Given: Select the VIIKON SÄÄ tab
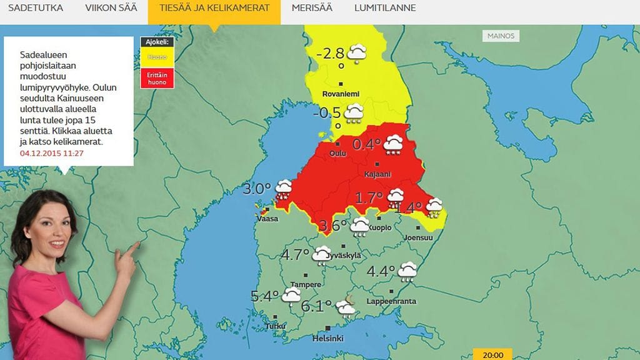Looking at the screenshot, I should [x=110, y=8].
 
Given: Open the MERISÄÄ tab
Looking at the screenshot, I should [x=312, y=8].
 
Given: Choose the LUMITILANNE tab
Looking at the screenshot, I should [x=385, y=8].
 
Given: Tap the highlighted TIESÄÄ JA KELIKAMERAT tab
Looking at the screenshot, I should [x=214, y=8].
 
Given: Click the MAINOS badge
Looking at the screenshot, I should [x=501, y=36].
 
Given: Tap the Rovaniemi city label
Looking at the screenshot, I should [x=340, y=94].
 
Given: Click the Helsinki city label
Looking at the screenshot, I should [x=328, y=338].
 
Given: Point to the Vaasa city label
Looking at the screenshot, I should [x=267, y=219].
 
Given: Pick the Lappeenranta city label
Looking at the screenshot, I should [x=391, y=301].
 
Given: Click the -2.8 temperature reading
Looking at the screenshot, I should [x=331, y=53].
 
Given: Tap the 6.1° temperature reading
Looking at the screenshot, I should [x=316, y=306].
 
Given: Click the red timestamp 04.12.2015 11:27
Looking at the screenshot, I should [x=52, y=153].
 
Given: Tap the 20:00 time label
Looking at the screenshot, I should [x=493, y=355].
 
